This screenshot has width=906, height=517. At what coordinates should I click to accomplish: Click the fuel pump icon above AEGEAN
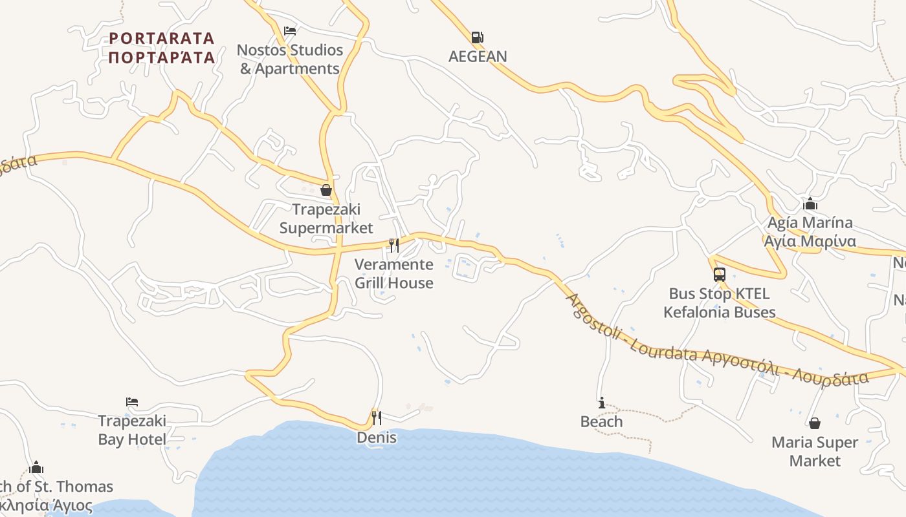click(x=477, y=37)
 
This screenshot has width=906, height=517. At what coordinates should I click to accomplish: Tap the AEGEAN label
click(x=478, y=56)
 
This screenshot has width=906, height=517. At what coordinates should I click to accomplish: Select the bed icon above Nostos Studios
click(x=290, y=31)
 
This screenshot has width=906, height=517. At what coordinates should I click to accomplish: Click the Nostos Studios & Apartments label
click(x=290, y=59)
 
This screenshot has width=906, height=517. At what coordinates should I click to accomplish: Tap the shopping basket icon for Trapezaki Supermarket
click(x=326, y=190)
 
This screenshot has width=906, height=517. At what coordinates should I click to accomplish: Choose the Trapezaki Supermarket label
click(x=326, y=218)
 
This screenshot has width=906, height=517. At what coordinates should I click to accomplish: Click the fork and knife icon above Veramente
click(x=393, y=246)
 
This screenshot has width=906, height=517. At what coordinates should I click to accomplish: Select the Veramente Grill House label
click(x=394, y=273)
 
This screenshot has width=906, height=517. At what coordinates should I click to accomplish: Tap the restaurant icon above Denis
click(x=377, y=417)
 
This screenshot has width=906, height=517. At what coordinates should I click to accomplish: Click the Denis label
click(x=377, y=438)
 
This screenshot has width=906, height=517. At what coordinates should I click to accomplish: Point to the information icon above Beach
click(x=602, y=403)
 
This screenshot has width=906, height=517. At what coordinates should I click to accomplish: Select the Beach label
click(x=602, y=422)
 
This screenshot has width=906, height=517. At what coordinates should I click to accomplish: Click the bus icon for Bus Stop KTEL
click(x=720, y=275)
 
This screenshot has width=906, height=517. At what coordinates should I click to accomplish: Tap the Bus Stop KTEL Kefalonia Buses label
click(x=720, y=303)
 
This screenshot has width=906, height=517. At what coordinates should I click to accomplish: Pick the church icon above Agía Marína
click(x=810, y=204)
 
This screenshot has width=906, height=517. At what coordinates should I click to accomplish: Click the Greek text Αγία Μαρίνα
click(x=810, y=242)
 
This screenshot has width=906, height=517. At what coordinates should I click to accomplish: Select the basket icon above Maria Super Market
click(x=815, y=423)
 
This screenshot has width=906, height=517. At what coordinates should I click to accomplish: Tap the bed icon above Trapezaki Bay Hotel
click(x=132, y=402)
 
